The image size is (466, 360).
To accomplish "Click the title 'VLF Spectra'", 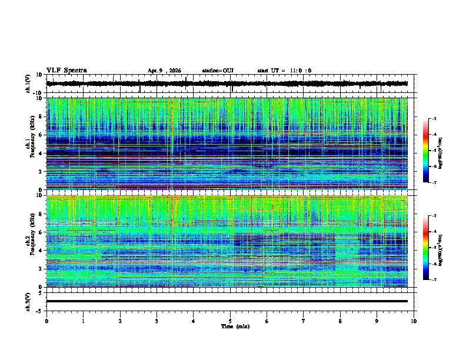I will [66, 70].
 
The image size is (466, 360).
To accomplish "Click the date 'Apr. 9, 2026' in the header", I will [164, 71].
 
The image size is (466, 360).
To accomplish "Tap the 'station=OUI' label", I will [218, 71].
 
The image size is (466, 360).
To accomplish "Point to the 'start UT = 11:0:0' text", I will [284, 71].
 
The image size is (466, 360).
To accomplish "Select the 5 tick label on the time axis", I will [230, 321].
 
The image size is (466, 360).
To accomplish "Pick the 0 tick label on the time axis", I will [46, 321].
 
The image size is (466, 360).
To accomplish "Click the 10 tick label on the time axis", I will [414, 321].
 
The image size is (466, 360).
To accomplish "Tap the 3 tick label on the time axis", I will [157, 321].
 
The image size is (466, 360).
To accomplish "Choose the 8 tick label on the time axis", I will [340, 321].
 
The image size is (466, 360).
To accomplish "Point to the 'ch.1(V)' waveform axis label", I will [29, 84].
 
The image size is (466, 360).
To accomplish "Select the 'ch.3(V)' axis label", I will [29, 301].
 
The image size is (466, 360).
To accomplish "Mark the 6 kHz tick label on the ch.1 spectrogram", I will [39, 135].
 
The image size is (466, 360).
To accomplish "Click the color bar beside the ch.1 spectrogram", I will [432, 151].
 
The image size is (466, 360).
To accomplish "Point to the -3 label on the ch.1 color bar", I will [440, 119].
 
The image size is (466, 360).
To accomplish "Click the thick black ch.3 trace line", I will [227, 301].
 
